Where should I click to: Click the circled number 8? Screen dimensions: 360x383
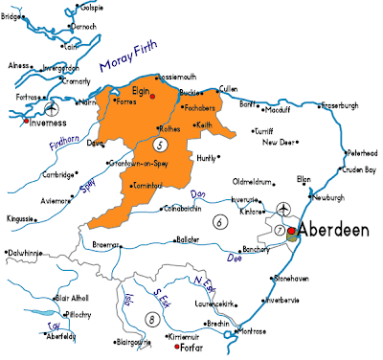pyautogui.click(x=149, y=319)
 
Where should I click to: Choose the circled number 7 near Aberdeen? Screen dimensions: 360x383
pyautogui.click(x=281, y=230)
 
